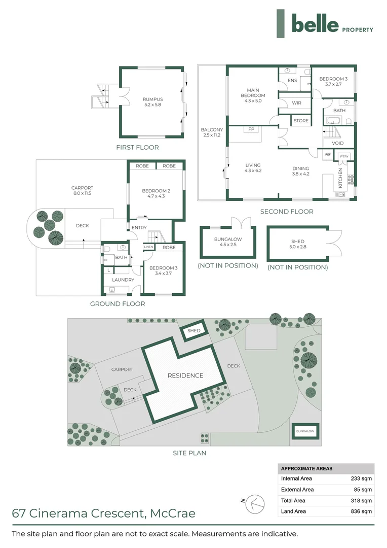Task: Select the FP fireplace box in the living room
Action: click(x=251, y=129)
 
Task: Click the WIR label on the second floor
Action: click(x=297, y=103)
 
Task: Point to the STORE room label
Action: click(x=301, y=121)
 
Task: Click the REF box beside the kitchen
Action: click(x=328, y=154)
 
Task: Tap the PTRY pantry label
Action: click(x=344, y=156)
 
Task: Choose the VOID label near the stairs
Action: click(x=338, y=143)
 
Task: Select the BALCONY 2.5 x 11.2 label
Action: click(x=211, y=132)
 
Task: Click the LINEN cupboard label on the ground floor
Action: click(x=148, y=247)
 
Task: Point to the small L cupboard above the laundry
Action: click(x=109, y=270)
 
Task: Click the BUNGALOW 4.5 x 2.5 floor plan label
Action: click(x=227, y=242)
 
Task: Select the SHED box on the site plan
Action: click(x=194, y=331)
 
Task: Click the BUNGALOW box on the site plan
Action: click(x=305, y=431)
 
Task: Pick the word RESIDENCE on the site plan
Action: click(x=185, y=375)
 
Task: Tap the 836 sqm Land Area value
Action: click(x=362, y=511)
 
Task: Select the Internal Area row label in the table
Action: click(x=297, y=478)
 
